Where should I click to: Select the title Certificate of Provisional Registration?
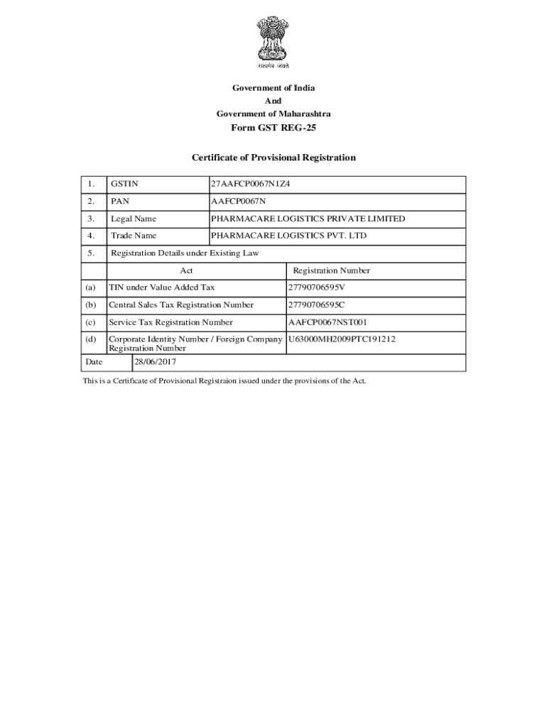point(273,158)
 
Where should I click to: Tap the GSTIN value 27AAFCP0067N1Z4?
point(250,185)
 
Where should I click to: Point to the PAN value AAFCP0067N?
point(238,202)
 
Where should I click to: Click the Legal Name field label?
point(134,219)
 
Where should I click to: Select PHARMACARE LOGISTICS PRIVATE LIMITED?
point(308,219)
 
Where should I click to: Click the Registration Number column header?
point(331,270)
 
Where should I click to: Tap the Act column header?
point(186,270)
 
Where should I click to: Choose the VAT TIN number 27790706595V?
point(316,288)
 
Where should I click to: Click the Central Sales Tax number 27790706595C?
point(316,305)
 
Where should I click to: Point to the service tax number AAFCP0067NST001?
point(327,322)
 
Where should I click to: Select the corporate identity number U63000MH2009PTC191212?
point(341,339)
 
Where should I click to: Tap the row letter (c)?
point(90,322)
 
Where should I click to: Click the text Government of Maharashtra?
point(273,114)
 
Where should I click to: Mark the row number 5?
point(90,253)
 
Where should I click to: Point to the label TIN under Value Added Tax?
point(161,288)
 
